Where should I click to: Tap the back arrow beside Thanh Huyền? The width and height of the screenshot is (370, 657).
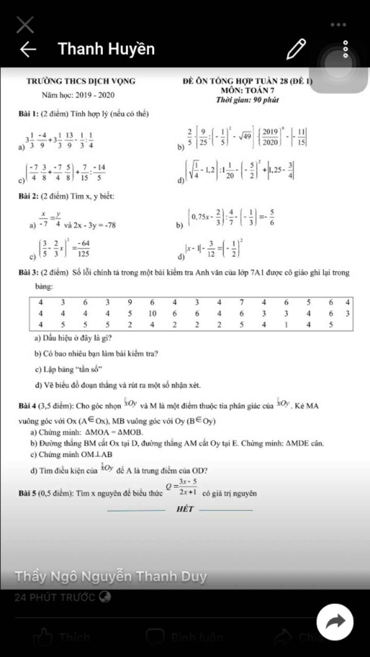[28, 49]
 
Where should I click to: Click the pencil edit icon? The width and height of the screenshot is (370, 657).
[296, 49]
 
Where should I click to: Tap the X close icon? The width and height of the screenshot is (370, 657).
[25, 25]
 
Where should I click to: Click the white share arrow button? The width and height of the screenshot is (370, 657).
[335, 622]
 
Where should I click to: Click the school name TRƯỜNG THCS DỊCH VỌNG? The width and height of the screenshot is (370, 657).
[81, 81]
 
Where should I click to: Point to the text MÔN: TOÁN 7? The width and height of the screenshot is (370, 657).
[248, 90]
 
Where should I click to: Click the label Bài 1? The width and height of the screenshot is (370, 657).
[29, 114]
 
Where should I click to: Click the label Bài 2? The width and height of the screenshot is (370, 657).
[29, 196]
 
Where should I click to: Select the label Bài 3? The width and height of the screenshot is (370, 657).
[29, 273]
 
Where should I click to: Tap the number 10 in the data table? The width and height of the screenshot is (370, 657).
[152, 313]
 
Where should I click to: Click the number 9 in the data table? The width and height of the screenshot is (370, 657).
[130, 302]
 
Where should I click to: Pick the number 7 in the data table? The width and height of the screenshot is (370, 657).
[241, 302]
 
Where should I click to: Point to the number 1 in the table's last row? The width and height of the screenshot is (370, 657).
[286, 325]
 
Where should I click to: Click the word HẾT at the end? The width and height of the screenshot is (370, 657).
[185, 509]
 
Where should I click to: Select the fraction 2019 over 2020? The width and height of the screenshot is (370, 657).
[270, 137]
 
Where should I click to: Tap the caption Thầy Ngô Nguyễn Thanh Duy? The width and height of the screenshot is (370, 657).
[111, 576]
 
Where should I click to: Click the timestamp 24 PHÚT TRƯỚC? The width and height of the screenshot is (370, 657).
[55, 597]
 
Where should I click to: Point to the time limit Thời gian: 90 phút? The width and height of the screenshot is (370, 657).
[248, 100]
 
